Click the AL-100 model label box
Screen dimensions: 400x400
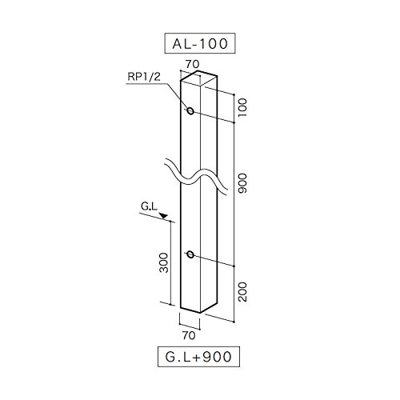click(x=200, y=43)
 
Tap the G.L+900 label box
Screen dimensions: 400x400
click(x=198, y=357)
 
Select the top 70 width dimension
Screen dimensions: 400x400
click(x=192, y=64)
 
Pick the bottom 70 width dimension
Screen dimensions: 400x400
click(x=189, y=335)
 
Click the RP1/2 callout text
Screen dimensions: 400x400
click(x=144, y=77)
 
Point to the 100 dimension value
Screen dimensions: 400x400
click(x=242, y=107)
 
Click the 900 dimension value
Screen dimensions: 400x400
click(x=242, y=183)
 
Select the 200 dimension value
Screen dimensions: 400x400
click(x=242, y=292)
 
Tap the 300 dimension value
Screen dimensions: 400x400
click(x=164, y=263)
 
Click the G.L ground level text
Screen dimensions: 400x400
click(x=149, y=206)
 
